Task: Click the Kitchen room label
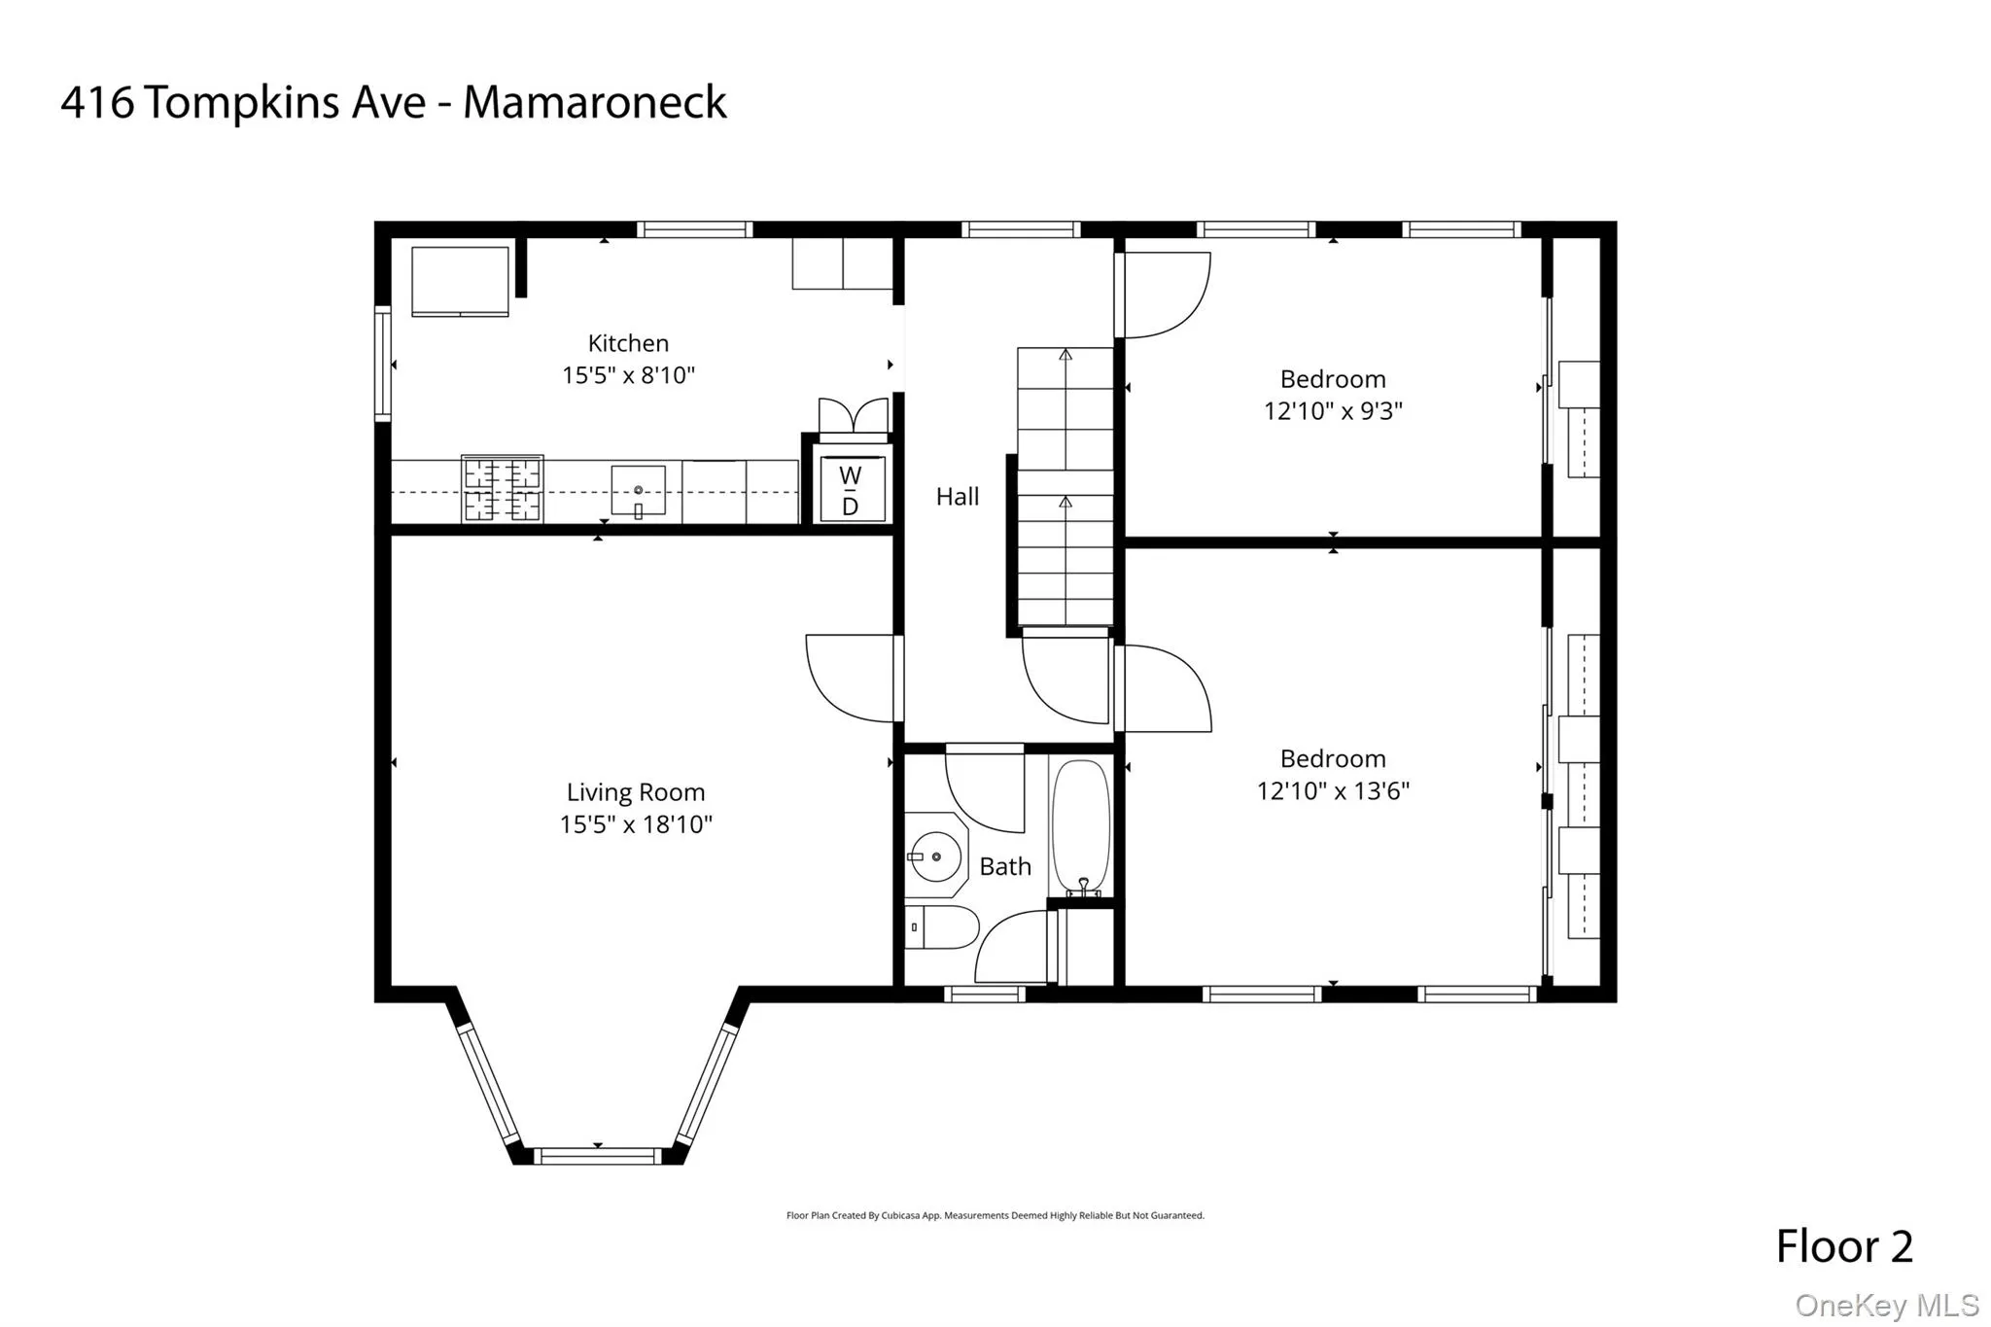tap(628, 343)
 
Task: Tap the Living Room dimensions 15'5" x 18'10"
tap(636, 824)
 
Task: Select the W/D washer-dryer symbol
tap(851, 490)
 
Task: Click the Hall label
tap(957, 497)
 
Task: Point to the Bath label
tap(1004, 866)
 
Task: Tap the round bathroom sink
tap(935, 856)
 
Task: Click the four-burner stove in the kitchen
tap(502, 488)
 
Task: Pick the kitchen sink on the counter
tap(638, 491)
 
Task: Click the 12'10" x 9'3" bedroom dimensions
tap(1332, 411)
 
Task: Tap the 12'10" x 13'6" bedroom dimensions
tap(1332, 790)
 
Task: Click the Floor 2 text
tap(1843, 1247)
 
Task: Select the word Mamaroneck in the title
tap(594, 103)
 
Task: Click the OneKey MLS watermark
tap(1886, 1305)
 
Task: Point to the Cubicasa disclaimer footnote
tap(995, 1215)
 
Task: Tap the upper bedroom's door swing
tap(1166, 295)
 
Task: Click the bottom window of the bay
tap(597, 1156)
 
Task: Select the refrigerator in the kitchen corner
tap(460, 281)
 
